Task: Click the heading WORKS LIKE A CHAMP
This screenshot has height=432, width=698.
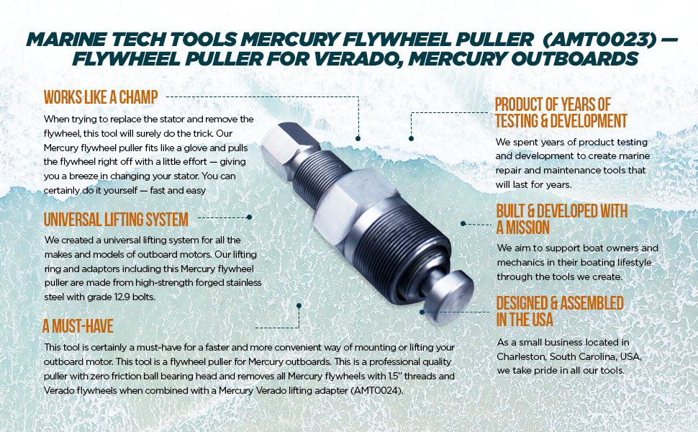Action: (101, 96)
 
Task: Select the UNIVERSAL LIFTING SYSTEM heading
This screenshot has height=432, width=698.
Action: (116, 219)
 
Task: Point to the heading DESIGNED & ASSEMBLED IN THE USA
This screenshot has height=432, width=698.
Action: (560, 311)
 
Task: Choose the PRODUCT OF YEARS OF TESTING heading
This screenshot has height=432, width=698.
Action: (561, 112)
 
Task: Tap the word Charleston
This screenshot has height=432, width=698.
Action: (523, 357)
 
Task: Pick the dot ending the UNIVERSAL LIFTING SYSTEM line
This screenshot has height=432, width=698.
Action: (249, 216)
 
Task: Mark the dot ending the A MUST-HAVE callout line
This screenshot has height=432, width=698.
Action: (299, 305)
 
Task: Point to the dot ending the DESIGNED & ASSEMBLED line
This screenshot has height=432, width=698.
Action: (422, 312)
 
